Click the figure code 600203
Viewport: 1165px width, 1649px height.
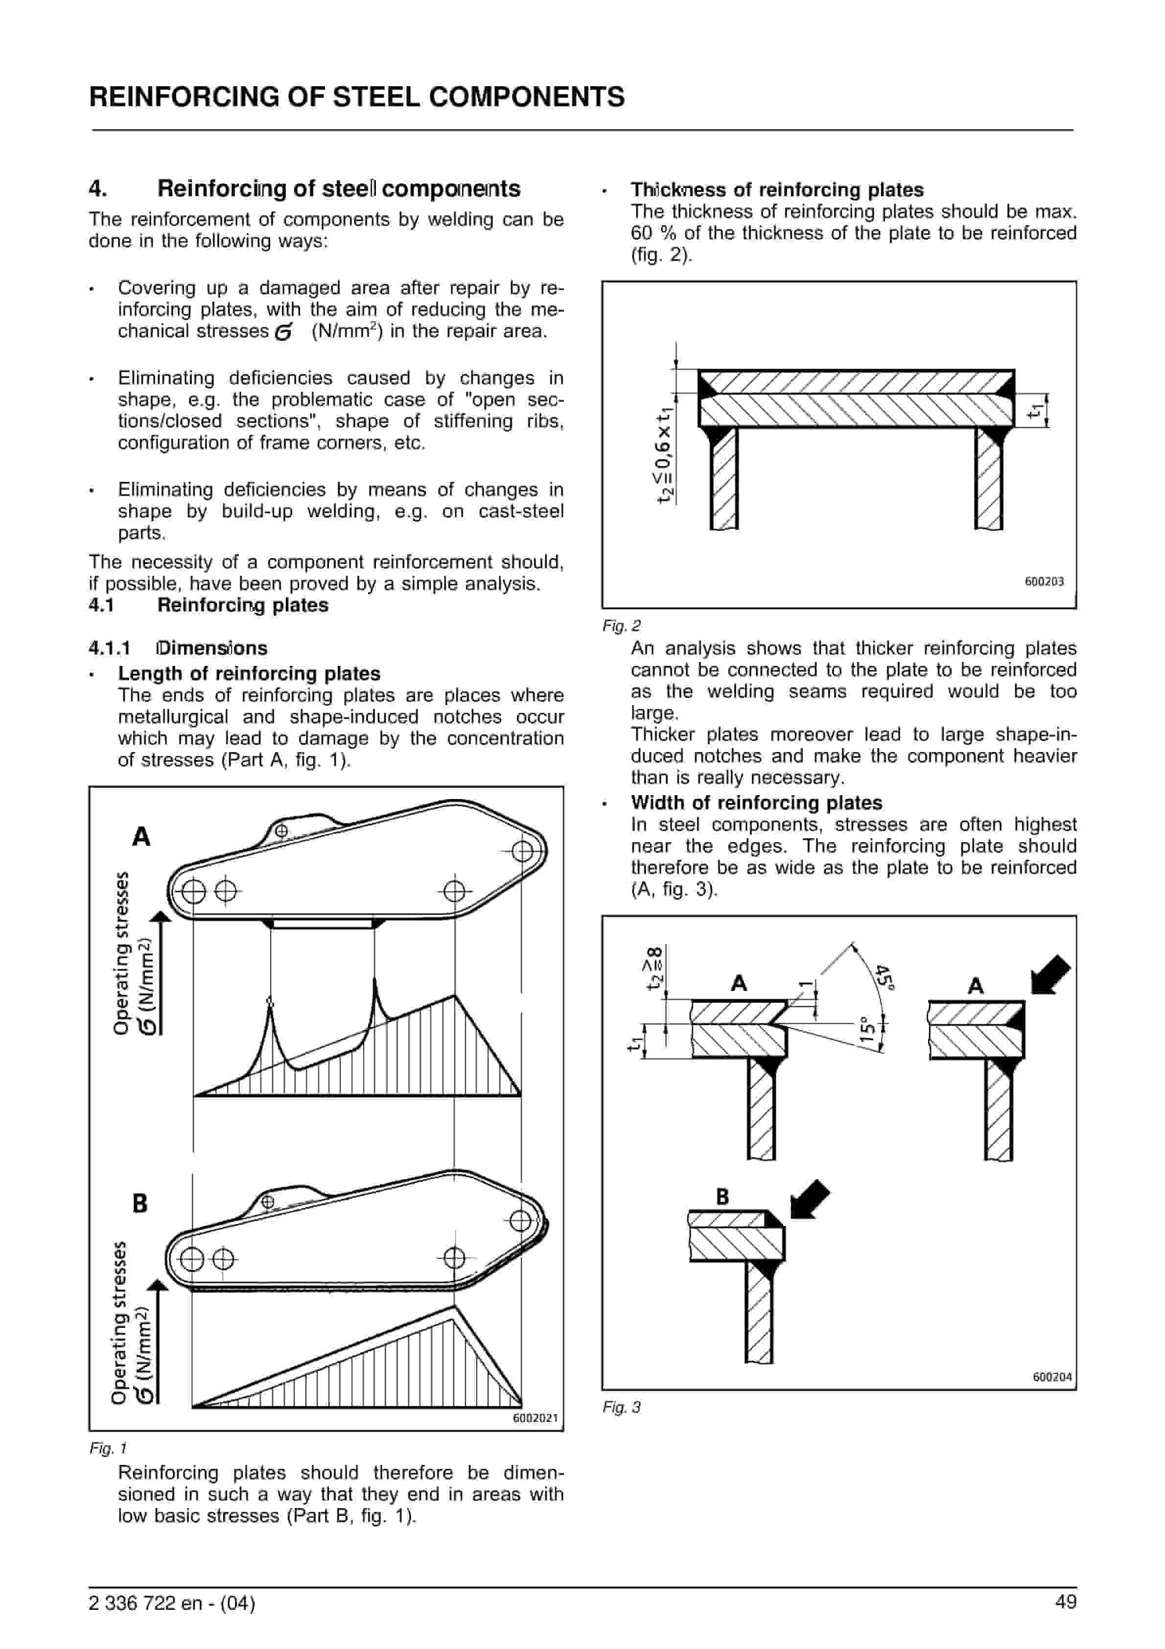point(1044,581)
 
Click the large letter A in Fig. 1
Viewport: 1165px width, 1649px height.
point(141,837)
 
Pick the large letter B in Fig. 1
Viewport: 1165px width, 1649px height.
point(140,1203)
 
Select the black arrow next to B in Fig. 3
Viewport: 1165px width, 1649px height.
point(810,1200)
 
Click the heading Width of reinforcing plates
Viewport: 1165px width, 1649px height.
point(756,802)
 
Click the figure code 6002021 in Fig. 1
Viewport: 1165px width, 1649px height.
point(535,1418)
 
